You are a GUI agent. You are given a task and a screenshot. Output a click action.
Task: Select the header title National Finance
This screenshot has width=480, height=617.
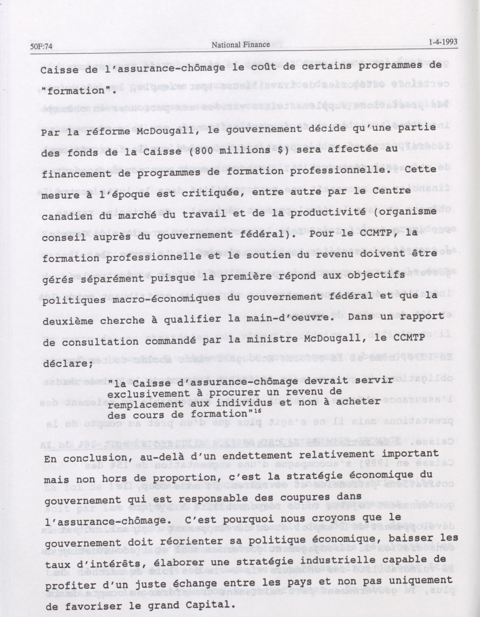click(241, 44)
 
